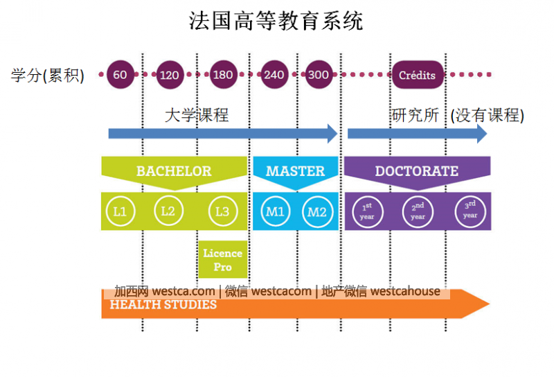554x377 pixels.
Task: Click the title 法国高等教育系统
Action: [276, 21]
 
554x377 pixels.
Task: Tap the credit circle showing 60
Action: [120, 75]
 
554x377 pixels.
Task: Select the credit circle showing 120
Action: [169, 75]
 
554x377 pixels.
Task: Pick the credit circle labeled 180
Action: [222, 75]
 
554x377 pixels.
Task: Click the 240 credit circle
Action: [274, 75]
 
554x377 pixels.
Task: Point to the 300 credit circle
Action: [318, 75]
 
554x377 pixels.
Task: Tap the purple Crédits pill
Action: [418, 75]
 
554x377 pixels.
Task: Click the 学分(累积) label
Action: [48, 76]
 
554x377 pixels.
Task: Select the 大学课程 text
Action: [197, 115]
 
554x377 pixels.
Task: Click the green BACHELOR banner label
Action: [174, 171]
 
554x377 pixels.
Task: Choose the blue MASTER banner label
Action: [295, 171]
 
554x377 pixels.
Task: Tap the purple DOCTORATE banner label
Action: [417, 171]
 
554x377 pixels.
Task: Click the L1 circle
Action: [120, 211]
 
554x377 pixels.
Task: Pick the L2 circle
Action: [168, 211]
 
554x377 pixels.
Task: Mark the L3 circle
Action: [222, 211]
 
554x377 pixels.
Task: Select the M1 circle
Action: [275, 211]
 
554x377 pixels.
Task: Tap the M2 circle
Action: [317, 211]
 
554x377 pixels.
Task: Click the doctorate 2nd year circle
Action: [418, 211]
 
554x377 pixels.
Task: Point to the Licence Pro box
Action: [222, 260]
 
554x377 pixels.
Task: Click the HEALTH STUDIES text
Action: [163, 305]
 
